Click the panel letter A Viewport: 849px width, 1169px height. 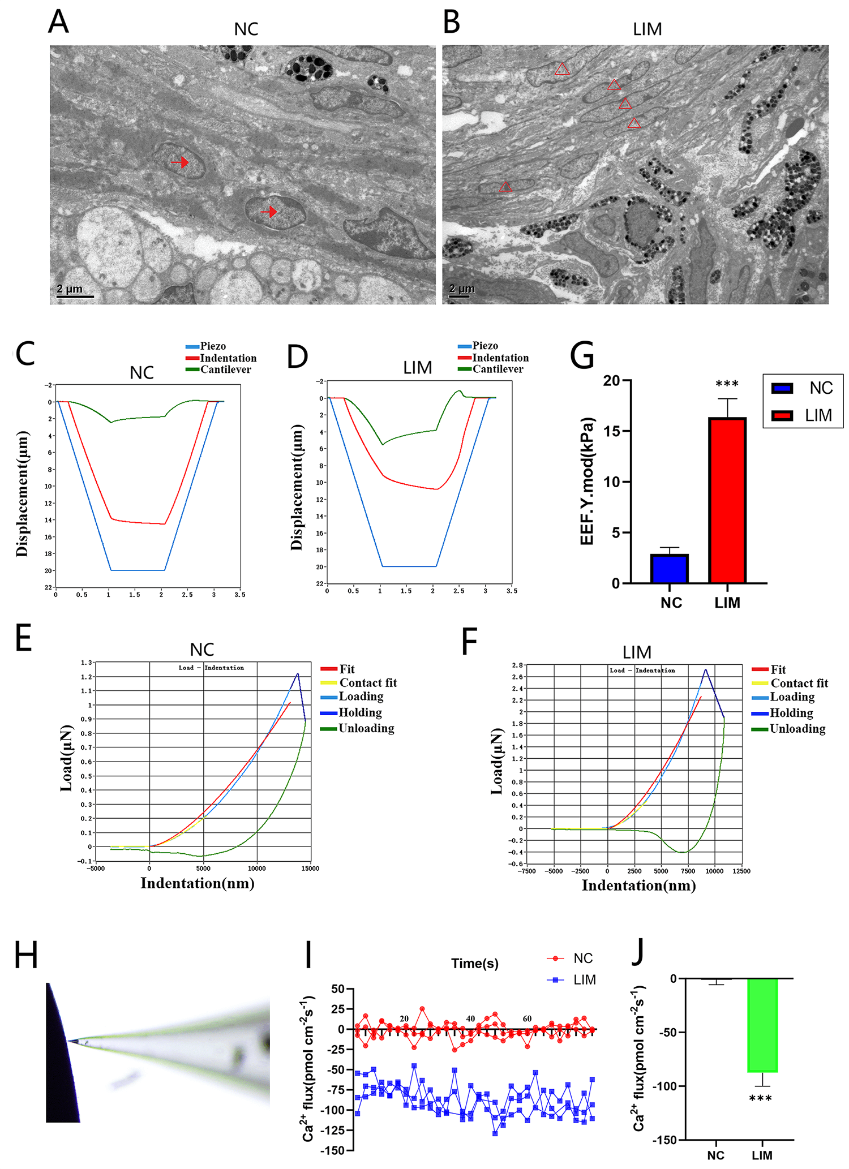pos(58,23)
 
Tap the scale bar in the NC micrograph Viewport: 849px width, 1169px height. pos(75,295)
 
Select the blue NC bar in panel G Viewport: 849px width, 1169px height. pos(669,568)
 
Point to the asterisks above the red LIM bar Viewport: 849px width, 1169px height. pos(727,385)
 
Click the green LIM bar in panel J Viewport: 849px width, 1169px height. pos(762,1025)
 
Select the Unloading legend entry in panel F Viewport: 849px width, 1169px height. pos(790,729)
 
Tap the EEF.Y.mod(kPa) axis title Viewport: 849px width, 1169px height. pos(587,481)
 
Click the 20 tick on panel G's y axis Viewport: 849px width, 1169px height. pos(611,381)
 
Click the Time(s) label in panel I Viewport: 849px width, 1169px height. pos(474,964)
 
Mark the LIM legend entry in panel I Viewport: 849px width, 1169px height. pos(573,980)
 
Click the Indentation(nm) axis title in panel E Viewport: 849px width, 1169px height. pos(197,883)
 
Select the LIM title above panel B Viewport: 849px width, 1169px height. pos(647,29)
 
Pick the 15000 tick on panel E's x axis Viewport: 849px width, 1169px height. pos(310,869)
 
